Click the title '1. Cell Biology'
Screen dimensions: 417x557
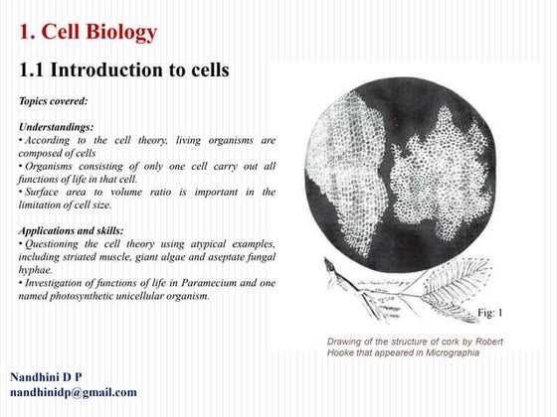tap(89, 33)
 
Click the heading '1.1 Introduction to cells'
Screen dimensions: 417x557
tap(124, 70)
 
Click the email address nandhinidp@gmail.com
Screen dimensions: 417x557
tap(74, 392)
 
